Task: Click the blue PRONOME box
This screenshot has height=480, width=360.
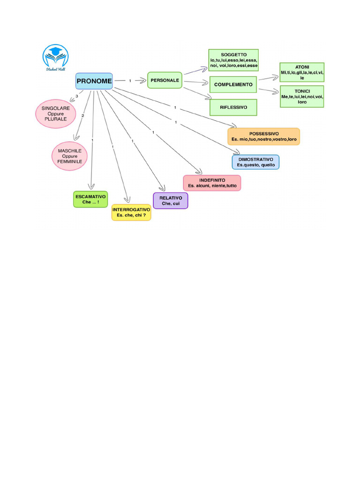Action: click(x=94, y=81)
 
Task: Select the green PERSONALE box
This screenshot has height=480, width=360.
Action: click(x=165, y=80)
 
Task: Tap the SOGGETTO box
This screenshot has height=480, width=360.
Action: click(x=233, y=60)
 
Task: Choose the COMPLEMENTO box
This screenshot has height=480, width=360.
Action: click(x=233, y=85)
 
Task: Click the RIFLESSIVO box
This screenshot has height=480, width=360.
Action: click(x=233, y=107)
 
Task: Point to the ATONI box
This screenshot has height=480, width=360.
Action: click(x=302, y=72)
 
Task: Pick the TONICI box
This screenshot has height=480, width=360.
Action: click(x=302, y=96)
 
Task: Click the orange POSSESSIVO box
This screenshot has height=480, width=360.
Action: click(x=263, y=136)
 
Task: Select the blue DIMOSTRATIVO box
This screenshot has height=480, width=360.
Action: click(x=255, y=162)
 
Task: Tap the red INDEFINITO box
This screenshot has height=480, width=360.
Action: click(x=212, y=183)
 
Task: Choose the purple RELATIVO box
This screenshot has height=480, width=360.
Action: click(x=171, y=201)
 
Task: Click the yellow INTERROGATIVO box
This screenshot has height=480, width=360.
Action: click(x=131, y=212)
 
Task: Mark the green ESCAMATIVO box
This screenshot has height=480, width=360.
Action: click(x=90, y=199)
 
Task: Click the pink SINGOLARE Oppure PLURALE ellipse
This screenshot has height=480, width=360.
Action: click(x=56, y=113)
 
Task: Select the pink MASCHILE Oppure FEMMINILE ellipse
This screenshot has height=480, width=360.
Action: click(x=70, y=156)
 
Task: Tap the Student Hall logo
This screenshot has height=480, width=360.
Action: click(x=56, y=57)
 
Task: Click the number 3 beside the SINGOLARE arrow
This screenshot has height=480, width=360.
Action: click(x=77, y=97)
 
